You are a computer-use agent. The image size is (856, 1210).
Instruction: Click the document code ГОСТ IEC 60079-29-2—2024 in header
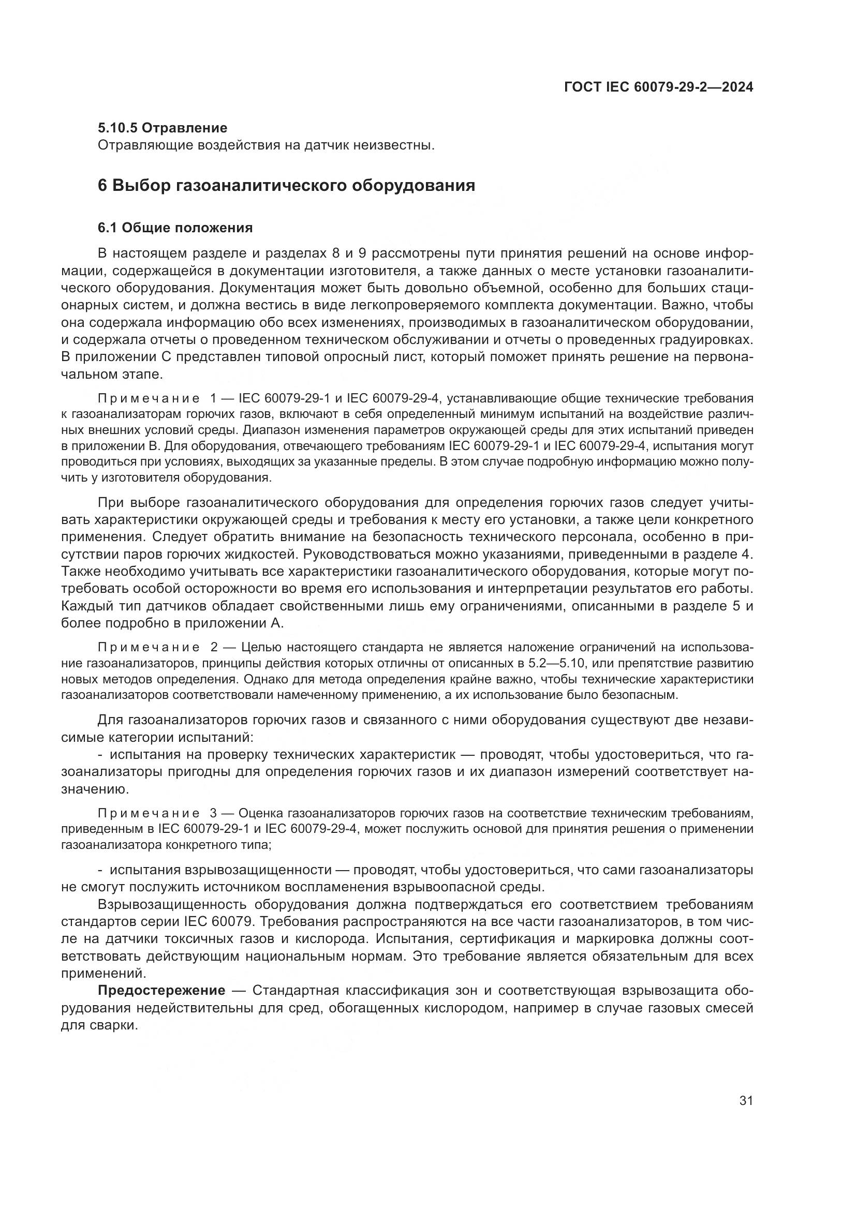[658, 87]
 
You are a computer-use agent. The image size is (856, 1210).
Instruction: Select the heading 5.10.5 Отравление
[163, 128]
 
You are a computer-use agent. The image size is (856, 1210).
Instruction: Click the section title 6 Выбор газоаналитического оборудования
[286, 186]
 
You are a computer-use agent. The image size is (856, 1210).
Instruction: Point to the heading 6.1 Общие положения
[175, 228]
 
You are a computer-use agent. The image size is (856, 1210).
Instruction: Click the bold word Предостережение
[162, 990]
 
